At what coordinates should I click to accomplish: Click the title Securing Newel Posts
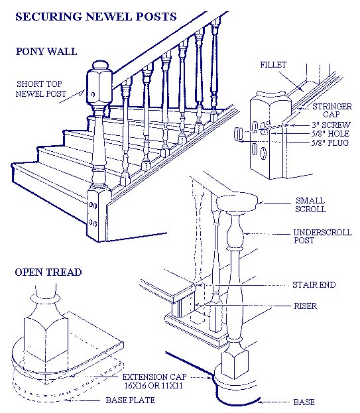pos(95,16)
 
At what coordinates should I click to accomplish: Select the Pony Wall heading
pos(46,50)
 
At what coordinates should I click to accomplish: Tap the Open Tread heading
pos(48,272)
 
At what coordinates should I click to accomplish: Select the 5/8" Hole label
pos(330,133)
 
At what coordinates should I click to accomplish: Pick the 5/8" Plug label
pos(330,143)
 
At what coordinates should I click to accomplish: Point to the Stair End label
pos(314,285)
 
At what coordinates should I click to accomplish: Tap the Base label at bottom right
pos(304,402)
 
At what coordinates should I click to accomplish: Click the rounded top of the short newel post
pos(99,67)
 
